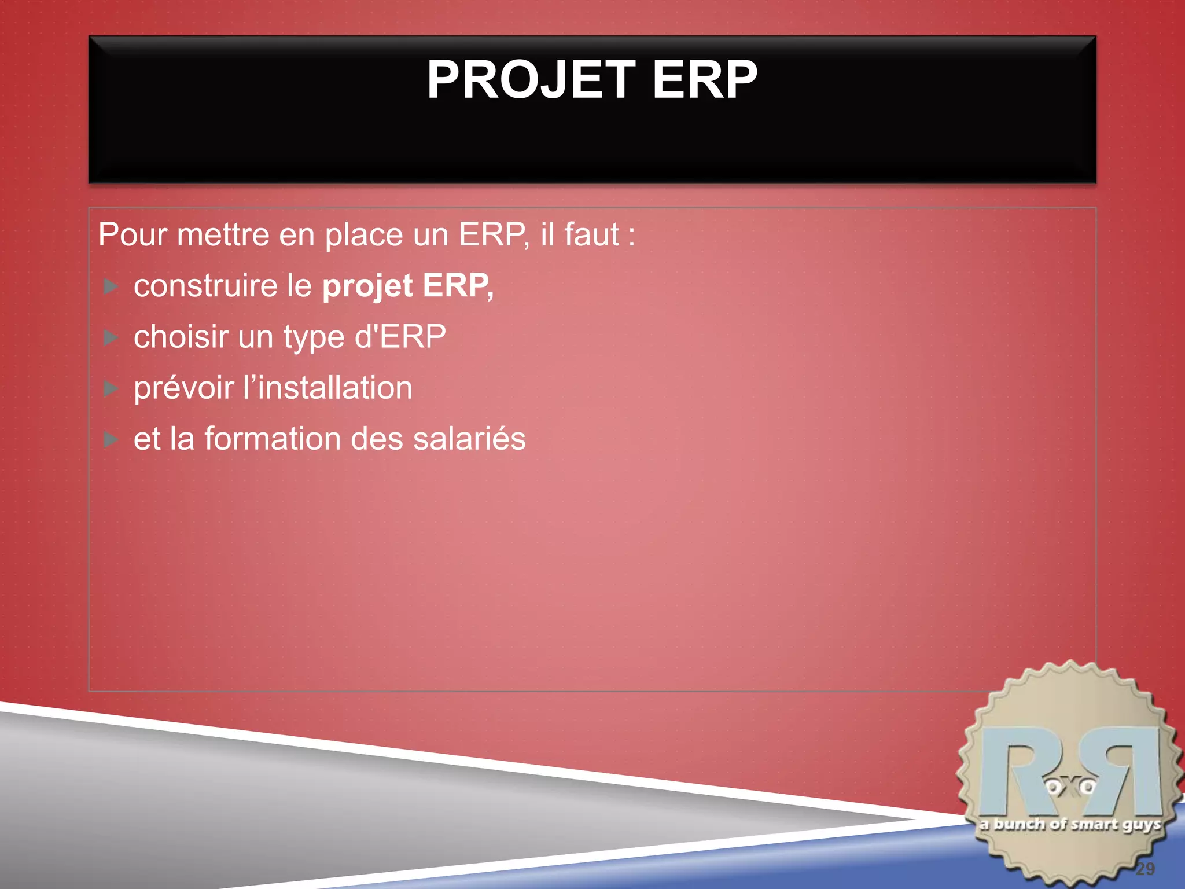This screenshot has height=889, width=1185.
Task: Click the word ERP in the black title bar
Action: click(x=704, y=80)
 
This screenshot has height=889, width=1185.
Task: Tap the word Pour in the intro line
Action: click(x=133, y=235)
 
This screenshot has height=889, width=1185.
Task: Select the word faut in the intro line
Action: click(x=591, y=235)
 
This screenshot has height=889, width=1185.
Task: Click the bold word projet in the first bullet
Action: click(x=367, y=286)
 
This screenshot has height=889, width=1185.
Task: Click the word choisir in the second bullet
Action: click(x=181, y=337)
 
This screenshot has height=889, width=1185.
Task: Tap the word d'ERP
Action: click(x=400, y=337)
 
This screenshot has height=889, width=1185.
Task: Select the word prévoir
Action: click(x=183, y=388)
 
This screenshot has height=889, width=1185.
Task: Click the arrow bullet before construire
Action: click(x=111, y=286)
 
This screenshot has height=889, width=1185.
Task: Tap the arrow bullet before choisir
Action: click(x=111, y=337)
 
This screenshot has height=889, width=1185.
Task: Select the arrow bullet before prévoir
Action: click(x=111, y=388)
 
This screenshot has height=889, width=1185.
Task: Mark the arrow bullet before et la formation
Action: click(x=111, y=440)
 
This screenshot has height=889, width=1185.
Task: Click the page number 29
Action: click(x=1144, y=868)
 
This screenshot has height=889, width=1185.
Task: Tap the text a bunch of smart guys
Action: click(x=1070, y=824)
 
